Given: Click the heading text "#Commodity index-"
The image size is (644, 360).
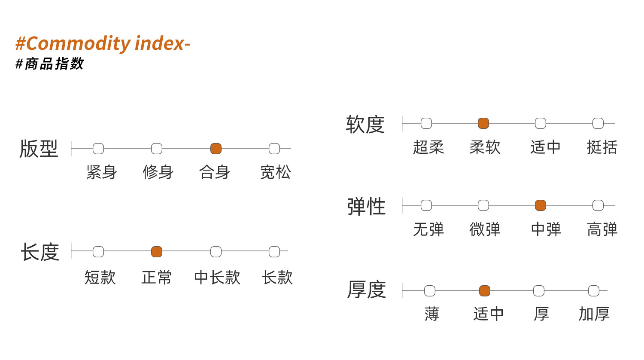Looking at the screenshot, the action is pyautogui.click(x=103, y=44).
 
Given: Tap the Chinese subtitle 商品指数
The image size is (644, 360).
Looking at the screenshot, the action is pyautogui.click(x=55, y=64).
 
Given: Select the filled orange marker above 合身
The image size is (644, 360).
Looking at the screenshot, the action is pyautogui.click(x=216, y=149).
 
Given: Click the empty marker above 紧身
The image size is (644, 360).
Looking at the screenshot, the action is pyautogui.click(x=98, y=149).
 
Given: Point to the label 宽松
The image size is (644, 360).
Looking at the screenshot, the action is pyautogui.click(x=276, y=172).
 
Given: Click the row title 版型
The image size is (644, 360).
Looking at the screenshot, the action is pyautogui.click(x=39, y=149).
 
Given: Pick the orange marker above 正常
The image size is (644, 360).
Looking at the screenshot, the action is pyautogui.click(x=157, y=252).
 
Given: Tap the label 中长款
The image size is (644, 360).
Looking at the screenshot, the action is pyautogui.click(x=217, y=278).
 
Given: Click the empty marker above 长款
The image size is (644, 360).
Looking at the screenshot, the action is pyautogui.click(x=274, y=252).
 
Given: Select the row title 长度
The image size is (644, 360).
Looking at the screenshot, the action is pyautogui.click(x=40, y=252).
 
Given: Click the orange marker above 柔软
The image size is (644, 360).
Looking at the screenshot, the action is pyautogui.click(x=483, y=123).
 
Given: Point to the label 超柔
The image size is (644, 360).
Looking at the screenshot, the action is pyautogui.click(x=428, y=147).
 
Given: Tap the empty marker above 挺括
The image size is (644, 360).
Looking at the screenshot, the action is pyautogui.click(x=598, y=123).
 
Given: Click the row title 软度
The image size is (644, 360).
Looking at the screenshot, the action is pyautogui.click(x=365, y=125).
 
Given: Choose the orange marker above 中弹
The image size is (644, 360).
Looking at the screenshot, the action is pyautogui.click(x=541, y=205).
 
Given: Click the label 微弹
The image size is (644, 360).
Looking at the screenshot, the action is pyautogui.click(x=485, y=229).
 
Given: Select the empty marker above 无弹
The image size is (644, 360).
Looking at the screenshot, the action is pyautogui.click(x=426, y=205).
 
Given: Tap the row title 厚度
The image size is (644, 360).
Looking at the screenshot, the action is pyautogui.click(x=367, y=290).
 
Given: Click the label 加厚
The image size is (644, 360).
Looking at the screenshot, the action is pyautogui.click(x=594, y=314).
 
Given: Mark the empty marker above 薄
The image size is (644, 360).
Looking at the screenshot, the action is pyautogui.click(x=430, y=291).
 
